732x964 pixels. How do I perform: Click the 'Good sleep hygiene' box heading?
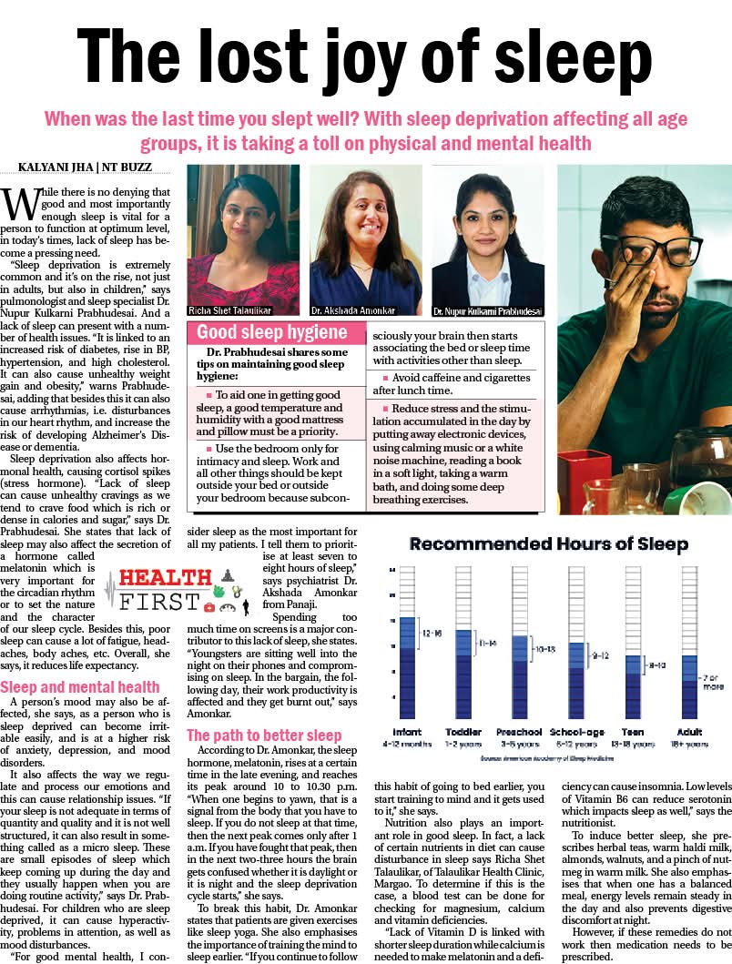pyautogui.click(x=272, y=332)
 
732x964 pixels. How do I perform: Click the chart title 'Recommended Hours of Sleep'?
pyautogui.click(x=548, y=544)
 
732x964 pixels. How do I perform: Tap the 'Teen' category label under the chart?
pyautogui.click(x=633, y=731)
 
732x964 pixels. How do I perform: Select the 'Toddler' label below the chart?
pyautogui.click(x=463, y=731)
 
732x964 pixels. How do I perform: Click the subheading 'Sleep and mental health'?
pyautogui.click(x=80, y=686)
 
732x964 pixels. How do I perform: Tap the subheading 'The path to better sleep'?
pyautogui.click(x=264, y=735)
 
